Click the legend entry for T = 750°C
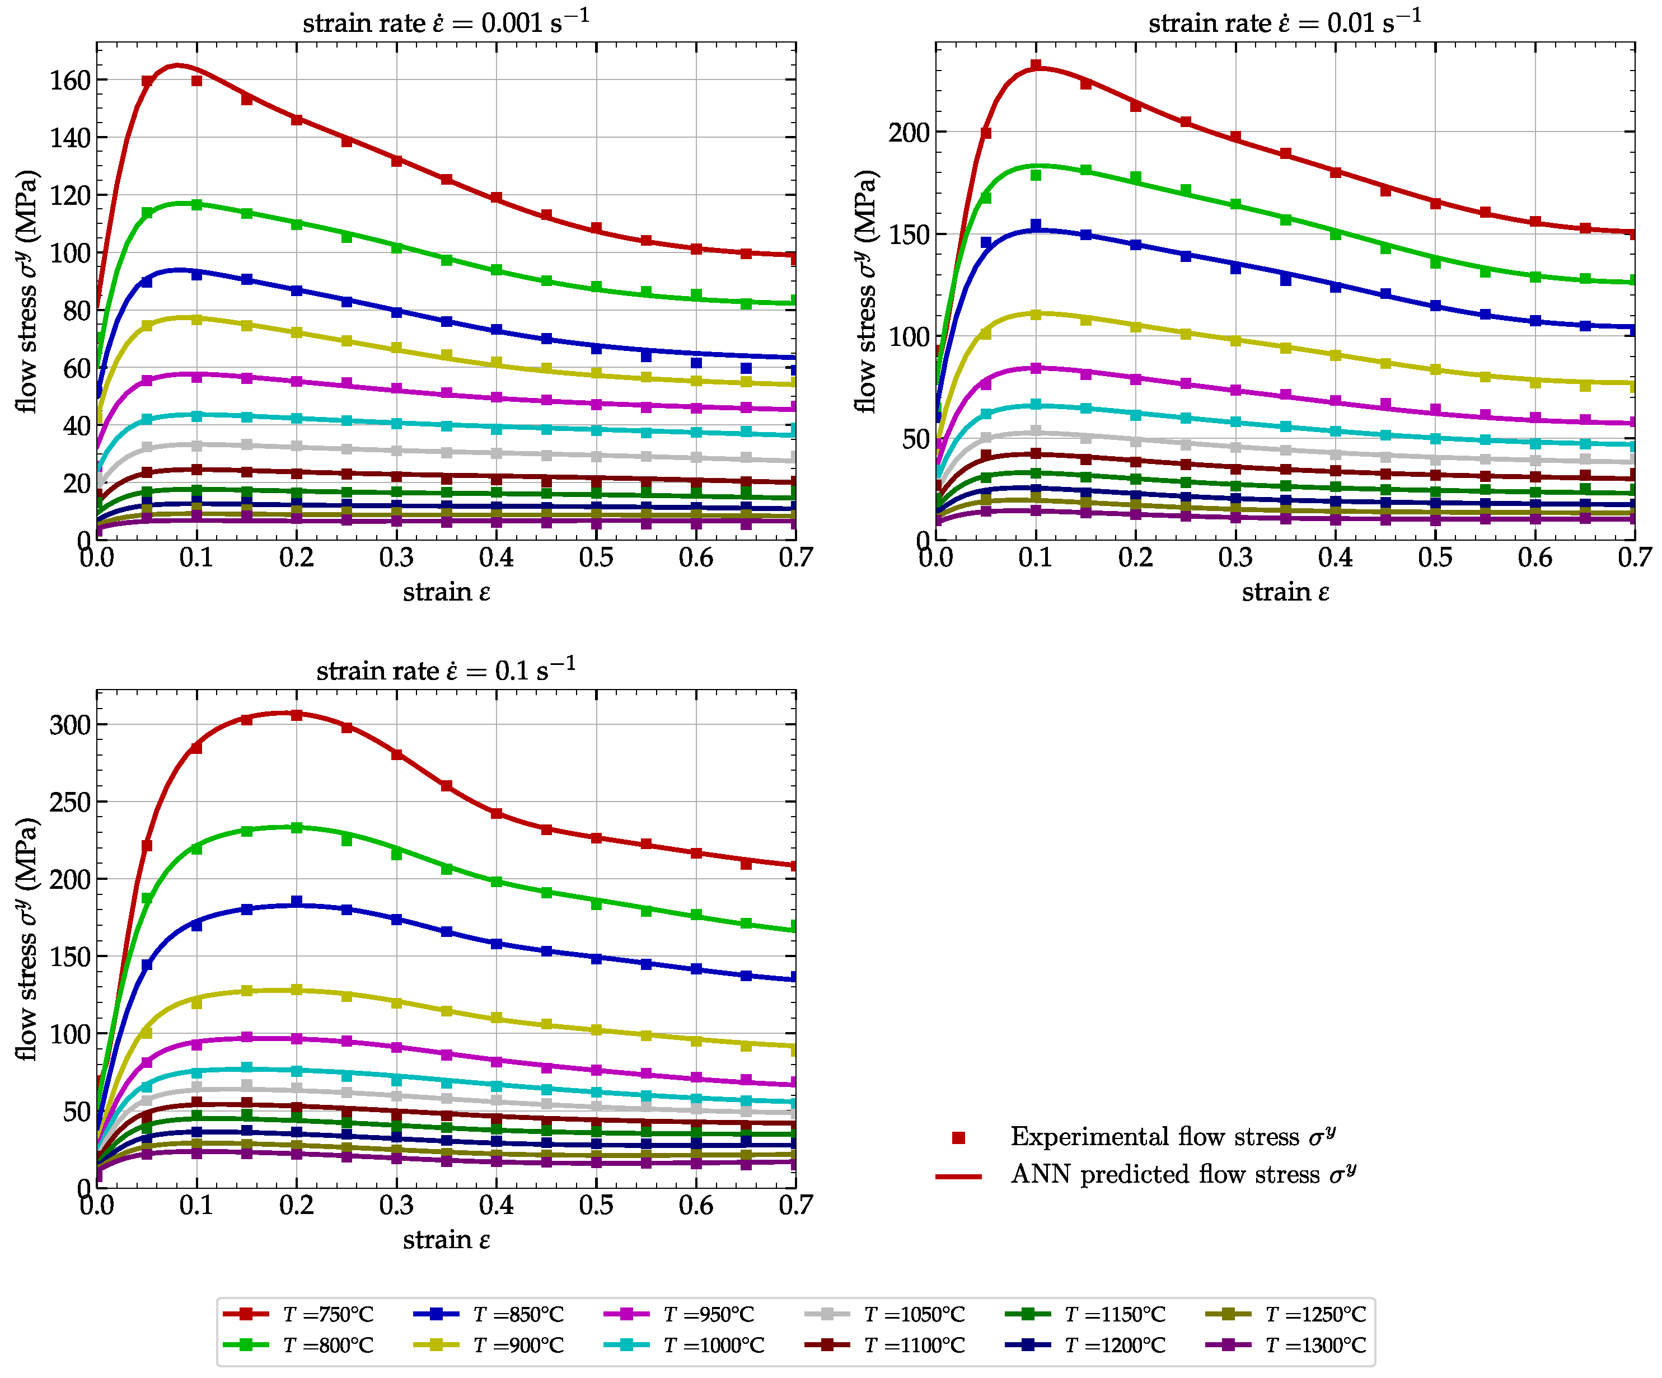coord(298,1314)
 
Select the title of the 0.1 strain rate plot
coord(446,669)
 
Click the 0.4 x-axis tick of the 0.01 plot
coord(1335,558)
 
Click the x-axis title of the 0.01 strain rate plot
coord(1285,592)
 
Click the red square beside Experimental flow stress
coord(958,1137)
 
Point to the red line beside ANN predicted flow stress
coord(958,1176)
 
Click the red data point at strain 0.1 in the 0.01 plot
coord(1035,65)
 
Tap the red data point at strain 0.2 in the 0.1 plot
coord(297,715)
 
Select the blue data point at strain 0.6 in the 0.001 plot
coord(696,363)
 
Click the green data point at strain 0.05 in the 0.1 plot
coord(147,898)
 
